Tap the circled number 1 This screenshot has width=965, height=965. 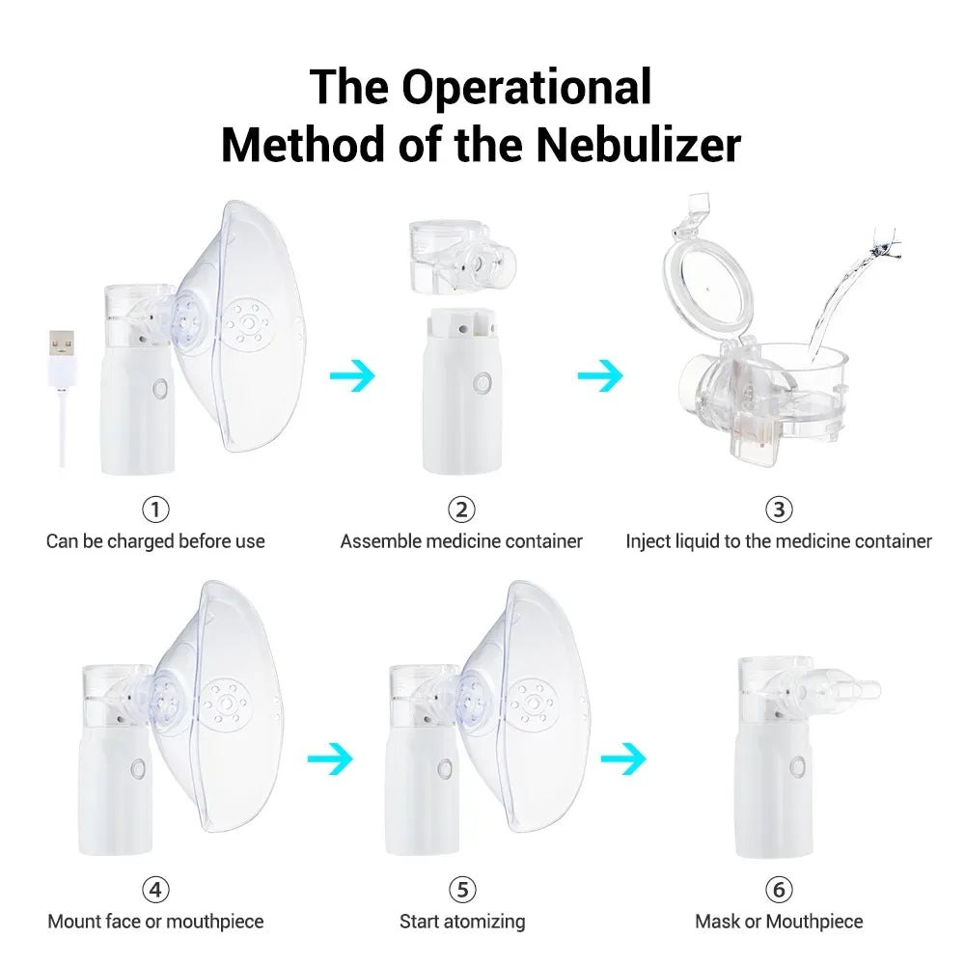coord(155,509)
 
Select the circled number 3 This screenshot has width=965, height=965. coord(778,509)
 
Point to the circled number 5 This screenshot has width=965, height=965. coord(462,889)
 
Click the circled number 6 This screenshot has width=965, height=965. coord(778,889)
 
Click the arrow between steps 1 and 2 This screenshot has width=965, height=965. coord(352,375)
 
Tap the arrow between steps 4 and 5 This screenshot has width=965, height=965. coord(330,759)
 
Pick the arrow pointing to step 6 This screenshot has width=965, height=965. coord(623,759)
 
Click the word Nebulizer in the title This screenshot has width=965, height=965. coord(638,144)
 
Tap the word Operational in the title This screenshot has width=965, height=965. coord(527,87)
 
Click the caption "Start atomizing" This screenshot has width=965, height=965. coord(462,922)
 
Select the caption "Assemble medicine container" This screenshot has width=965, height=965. coord(461,541)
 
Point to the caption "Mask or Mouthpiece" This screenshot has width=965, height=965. coord(779,922)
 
